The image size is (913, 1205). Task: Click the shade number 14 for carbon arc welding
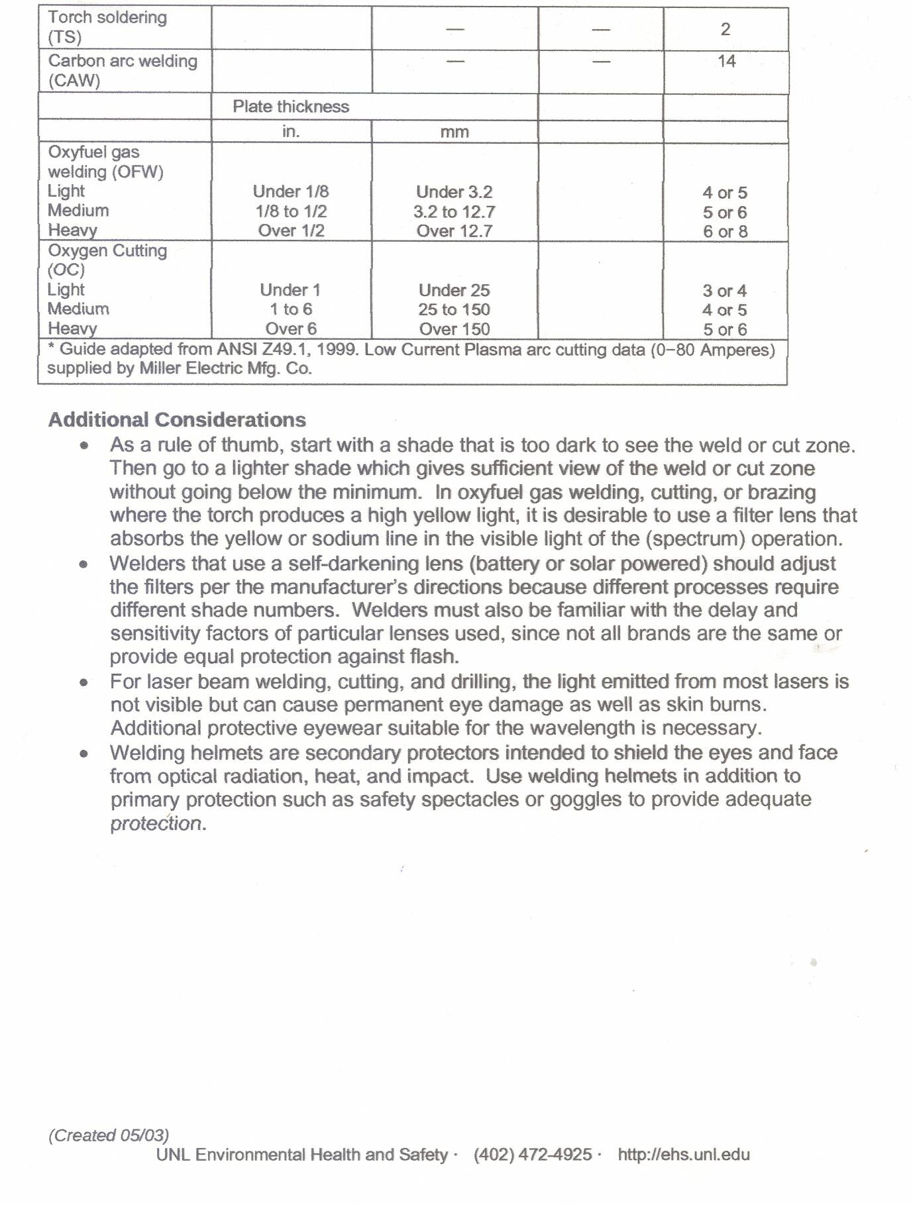(726, 62)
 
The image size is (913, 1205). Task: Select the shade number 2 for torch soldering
(725, 29)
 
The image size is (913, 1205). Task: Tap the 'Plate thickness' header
(291, 107)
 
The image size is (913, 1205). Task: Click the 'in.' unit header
(291, 131)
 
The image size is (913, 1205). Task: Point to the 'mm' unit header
(455, 132)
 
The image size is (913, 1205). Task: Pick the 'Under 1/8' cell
(291, 191)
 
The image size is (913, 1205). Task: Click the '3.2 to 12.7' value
(455, 212)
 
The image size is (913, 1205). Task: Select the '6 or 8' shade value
(725, 232)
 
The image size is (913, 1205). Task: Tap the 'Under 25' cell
(455, 290)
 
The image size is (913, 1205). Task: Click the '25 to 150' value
(455, 309)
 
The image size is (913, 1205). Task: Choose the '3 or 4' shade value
(725, 291)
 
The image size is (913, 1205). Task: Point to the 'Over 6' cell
(291, 329)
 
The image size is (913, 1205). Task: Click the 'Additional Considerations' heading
(177, 420)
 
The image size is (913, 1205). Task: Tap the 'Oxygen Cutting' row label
(107, 251)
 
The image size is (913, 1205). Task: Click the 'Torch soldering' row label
(107, 18)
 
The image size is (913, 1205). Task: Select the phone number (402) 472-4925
(533, 1155)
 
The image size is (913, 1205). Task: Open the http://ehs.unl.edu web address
(684, 1155)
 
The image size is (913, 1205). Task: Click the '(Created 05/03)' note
(109, 1135)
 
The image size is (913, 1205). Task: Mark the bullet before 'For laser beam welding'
(83, 682)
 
